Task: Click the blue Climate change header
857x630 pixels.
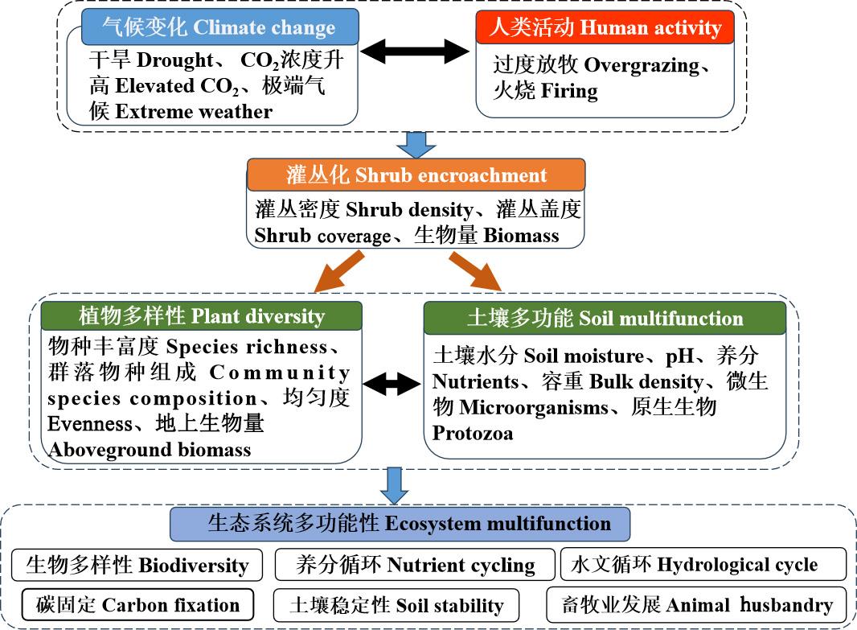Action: [x=219, y=27]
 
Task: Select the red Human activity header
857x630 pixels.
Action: [x=605, y=28]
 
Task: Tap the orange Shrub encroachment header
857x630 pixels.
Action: [x=416, y=175]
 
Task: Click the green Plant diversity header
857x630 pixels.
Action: [x=202, y=315]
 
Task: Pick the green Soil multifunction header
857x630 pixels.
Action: [x=605, y=317]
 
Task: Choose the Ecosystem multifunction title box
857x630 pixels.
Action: [x=400, y=524]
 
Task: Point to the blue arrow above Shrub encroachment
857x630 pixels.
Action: [x=416, y=145]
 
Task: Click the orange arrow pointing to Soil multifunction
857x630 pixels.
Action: [x=474, y=271]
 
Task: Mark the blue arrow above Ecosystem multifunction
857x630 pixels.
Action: [x=394, y=484]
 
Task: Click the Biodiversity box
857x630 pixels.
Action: [x=137, y=565]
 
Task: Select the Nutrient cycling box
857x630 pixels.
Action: [x=415, y=565]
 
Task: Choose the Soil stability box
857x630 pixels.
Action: [x=396, y=605]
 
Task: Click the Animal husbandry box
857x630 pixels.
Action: [x=696, y=605]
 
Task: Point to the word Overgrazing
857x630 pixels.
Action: [x=642, y=66]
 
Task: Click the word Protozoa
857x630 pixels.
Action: [x=473, y=433]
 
